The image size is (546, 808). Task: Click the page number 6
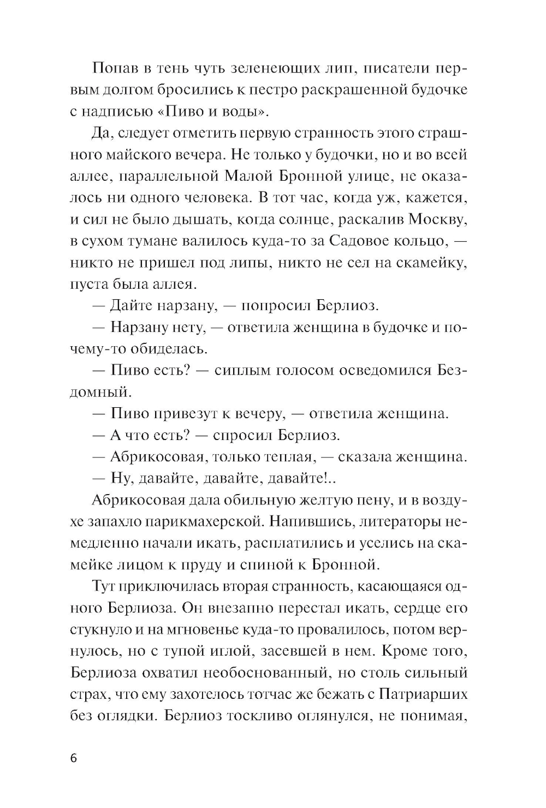tap(74, 759)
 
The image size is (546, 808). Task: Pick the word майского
tap(143, 155)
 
